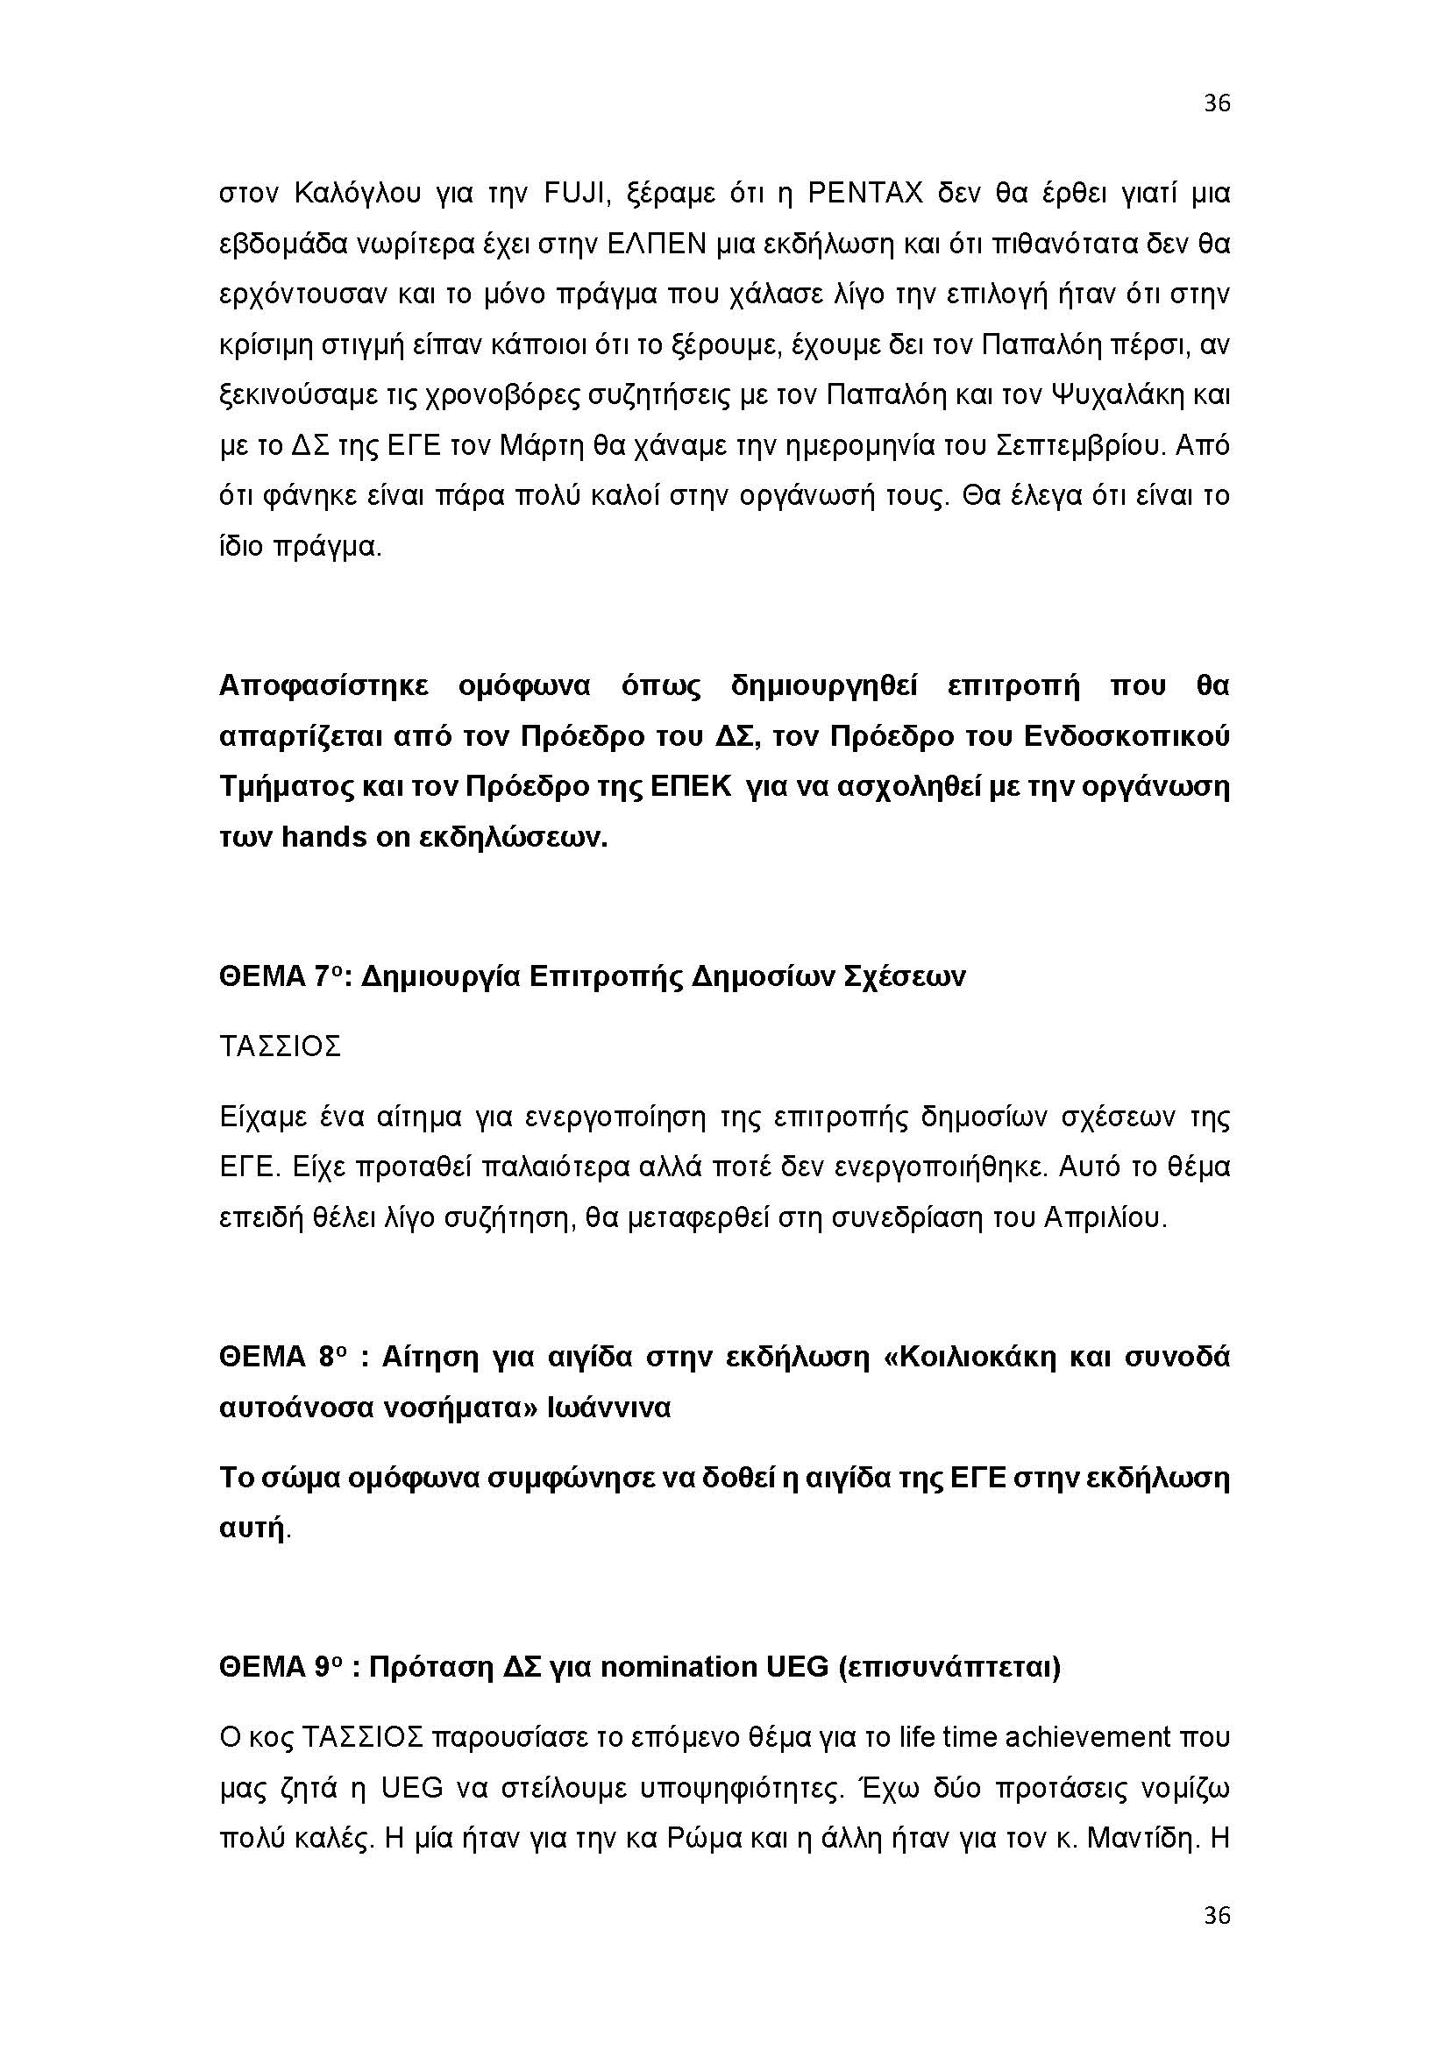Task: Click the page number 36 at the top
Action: tap(1216, 103)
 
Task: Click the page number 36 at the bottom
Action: tap(1216, 1915)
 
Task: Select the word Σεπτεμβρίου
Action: tap(1078, 444)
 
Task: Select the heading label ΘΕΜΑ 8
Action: tap(280, 1357)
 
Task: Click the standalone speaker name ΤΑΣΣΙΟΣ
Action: tap(281, 1046)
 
